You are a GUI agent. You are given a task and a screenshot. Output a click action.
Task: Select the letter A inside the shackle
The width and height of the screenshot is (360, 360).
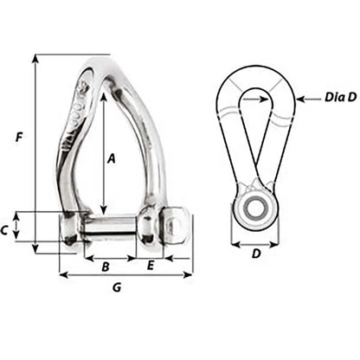pos(111,158)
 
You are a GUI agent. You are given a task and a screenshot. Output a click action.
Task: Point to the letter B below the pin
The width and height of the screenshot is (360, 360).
pos(106,266)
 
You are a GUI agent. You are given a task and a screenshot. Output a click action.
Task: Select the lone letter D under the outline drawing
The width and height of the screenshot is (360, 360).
pos(255,254)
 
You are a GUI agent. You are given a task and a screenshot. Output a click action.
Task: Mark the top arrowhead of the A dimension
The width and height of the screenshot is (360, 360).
pos(103,96)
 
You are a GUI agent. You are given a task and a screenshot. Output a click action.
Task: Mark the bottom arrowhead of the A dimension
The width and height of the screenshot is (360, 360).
pos(103,211)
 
